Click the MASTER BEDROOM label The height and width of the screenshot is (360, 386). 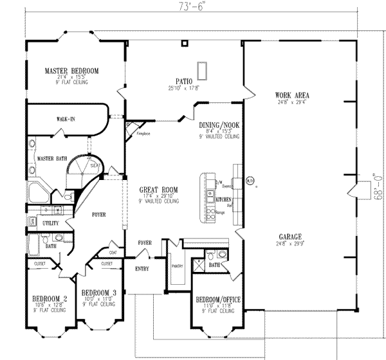[x=72, y=70]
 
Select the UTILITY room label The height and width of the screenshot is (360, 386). [x=51, y=223]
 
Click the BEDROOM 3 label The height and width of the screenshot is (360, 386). [x=99, y=291]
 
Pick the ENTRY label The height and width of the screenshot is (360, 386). [x=142, y=269]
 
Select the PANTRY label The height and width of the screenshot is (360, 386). [x=178, y=265]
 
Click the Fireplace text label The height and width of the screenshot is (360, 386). [x=143, y=134]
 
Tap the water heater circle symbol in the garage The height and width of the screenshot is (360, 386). [x=250, y=182]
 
